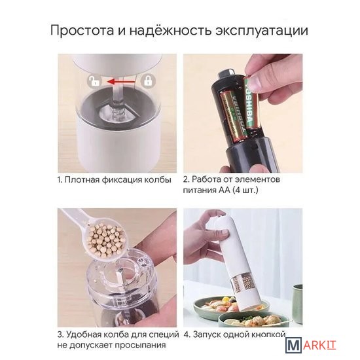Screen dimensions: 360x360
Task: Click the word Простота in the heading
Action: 82,31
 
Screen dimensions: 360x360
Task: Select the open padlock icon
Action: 94,81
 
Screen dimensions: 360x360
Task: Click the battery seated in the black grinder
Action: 233,117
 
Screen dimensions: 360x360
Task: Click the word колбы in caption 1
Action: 158,179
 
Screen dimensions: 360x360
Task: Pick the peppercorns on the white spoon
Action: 106,239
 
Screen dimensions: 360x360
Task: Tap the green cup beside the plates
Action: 298,301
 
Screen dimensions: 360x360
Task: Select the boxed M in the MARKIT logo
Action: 294,346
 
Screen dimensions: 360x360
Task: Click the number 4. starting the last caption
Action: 187,334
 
